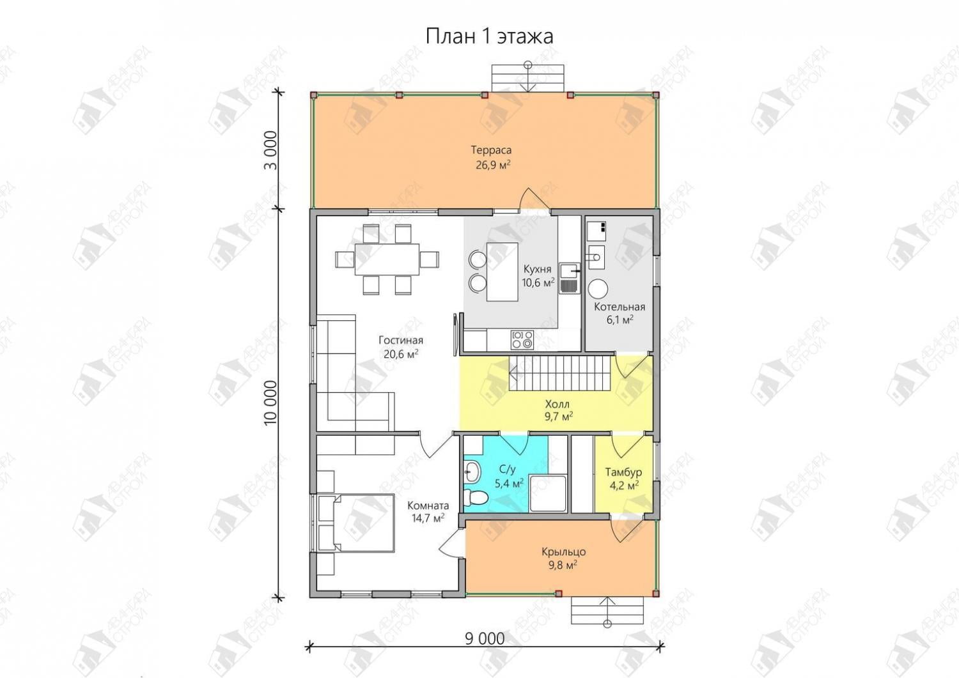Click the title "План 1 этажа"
pos(489,36)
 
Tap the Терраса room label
pos(492,150)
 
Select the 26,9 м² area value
pos(493,165)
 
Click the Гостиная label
pos(401,341)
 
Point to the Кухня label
pos(537,269)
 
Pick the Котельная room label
pos(620,307)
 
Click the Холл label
pos(557,404)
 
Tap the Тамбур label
pos(623,472)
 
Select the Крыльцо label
pos(563,551)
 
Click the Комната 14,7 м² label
pos(428,512)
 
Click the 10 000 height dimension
pos(270,403)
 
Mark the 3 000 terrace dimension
pos(270,150)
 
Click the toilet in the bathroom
pos(476,497)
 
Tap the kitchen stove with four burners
pos(522,339)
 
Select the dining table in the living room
pos(387,259)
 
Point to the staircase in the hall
pos(559,373)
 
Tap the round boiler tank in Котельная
pos(598,289)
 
